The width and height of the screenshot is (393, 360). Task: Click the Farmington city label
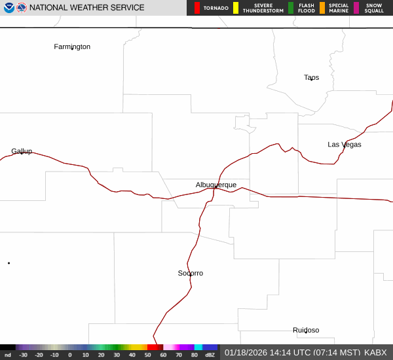[x=72, y=46]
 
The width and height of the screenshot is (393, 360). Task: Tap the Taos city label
[x=311, y=77]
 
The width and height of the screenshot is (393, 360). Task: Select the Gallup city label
[x=22, y=151]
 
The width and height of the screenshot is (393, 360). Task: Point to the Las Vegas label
[x=344, y=144]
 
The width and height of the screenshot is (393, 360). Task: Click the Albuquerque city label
[x=215, y=185]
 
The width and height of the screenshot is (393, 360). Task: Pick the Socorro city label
[x=190, y=273]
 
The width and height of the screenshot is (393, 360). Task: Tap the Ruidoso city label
[x=306, y=330]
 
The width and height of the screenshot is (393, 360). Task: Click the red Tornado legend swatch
[x=197, y=8]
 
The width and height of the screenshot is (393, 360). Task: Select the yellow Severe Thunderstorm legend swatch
[x=236, y=8]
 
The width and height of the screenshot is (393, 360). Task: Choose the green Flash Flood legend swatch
[x=291, y=8]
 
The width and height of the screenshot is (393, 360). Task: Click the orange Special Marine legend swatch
[x=322, y=8]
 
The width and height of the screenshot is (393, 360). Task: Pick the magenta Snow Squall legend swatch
[x=356, y=8]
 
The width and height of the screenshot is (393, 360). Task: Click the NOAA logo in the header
[x=9, y=8]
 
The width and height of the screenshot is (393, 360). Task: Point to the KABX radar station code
[x=375, y=352]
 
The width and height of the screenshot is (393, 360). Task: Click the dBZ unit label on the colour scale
[x=210, y=355]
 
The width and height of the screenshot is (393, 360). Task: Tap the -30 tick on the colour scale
[x=24, y=355]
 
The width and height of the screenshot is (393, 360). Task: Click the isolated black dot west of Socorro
[x=9, y=263]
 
